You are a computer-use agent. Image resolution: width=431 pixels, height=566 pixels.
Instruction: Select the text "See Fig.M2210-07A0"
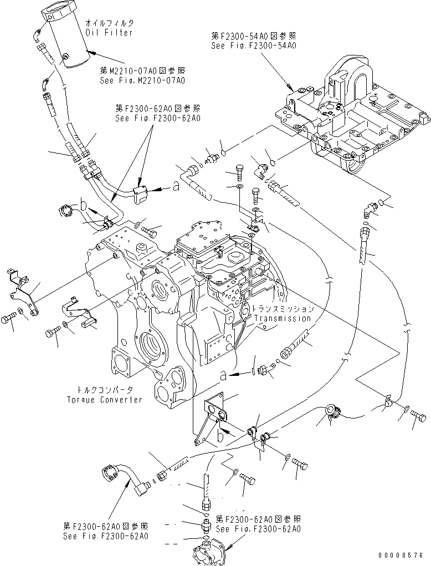click(x=142, y=80)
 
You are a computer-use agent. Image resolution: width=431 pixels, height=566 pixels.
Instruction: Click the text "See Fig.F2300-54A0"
click(x=253, y=45)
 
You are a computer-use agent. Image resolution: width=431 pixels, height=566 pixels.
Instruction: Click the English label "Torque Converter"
click(x=104, y=400)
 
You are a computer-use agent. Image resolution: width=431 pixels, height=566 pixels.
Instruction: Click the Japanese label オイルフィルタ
click(x=110, y=23)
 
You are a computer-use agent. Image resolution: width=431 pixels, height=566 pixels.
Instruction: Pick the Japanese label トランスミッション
click(x=283, y=309)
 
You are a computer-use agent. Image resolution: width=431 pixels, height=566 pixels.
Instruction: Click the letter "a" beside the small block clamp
click(x=176, y=187)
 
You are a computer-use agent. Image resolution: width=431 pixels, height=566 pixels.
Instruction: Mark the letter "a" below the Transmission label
click(x=222, y=376)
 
